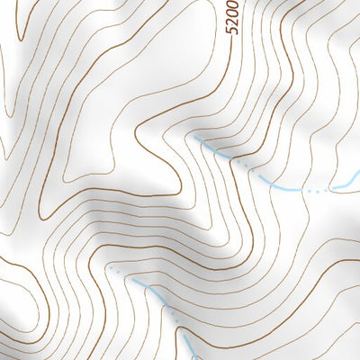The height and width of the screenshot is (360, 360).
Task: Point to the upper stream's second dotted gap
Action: pos(315,192)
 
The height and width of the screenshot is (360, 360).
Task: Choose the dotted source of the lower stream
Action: pos(112,267)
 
